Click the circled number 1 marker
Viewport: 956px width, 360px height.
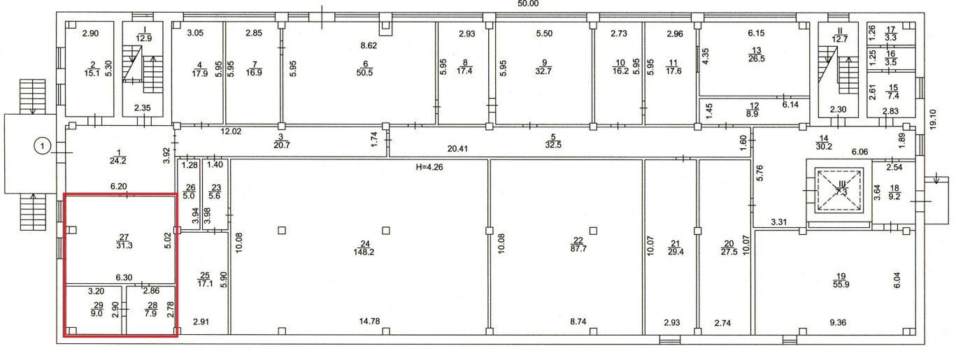[x=42, y=146]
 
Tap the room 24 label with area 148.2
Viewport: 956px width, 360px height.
[x=364, y=248]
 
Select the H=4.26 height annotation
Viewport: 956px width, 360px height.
[x=429, y=167]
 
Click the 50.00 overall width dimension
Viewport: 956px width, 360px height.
[x=528, y=3]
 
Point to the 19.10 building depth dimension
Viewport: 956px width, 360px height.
[x=933, y=120]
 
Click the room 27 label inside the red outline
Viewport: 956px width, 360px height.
[x=124, y=241]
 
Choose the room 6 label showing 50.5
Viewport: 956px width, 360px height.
[x=365, y=69]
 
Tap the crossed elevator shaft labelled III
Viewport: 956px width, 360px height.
[x=839, y=190]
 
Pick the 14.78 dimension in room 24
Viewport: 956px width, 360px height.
[x=369, y=321]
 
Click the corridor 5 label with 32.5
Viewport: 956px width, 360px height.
[x=553, y=141]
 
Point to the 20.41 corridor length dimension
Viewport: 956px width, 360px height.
[x=457, y=149]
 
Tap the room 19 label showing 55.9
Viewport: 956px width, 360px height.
[x=841, y=280]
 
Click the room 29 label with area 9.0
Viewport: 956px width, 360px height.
[x=97, y=309]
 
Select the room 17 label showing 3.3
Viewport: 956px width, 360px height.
[x=891, y=34]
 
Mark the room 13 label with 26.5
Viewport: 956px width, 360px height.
[x=756, y=55]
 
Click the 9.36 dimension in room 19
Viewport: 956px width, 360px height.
[x=838, y=322]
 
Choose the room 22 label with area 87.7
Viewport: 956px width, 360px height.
[x=578, y=245]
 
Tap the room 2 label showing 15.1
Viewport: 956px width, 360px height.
[x=92, y=69]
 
